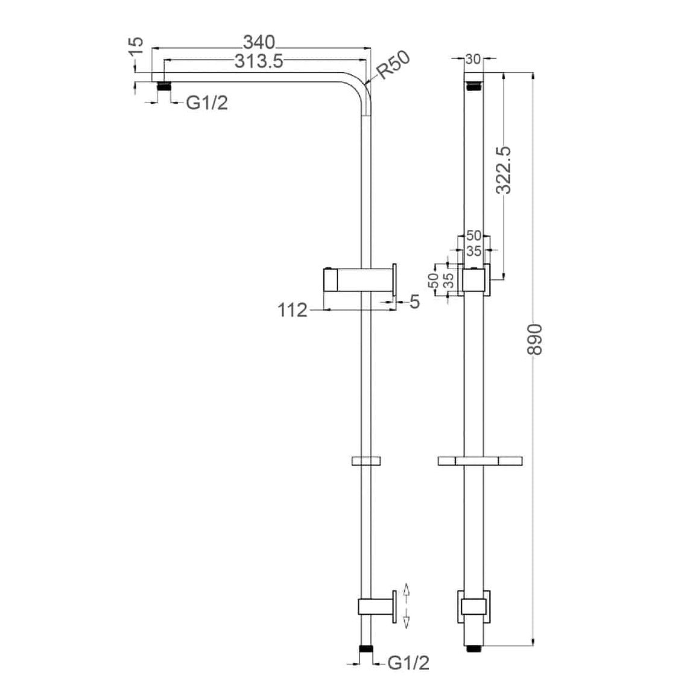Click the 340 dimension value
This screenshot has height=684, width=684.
(x=259, y=42)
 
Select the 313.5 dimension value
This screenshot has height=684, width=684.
(x=254, y=61)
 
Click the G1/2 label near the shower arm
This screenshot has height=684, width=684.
(x=207, y=103)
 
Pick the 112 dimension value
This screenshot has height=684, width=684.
(x=293, y=310)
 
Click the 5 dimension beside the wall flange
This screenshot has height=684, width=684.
(x=414, y=302)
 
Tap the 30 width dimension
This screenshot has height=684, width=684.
(x=473, y=59)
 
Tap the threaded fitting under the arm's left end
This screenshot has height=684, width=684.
(x=161, y=86)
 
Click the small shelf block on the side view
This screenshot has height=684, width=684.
(x=366, y=461)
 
